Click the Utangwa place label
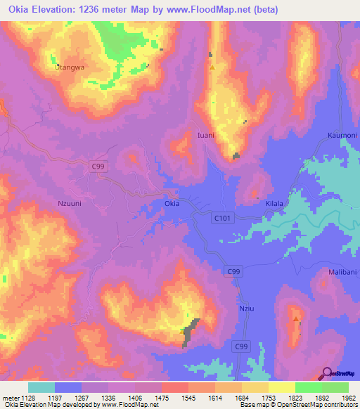70,67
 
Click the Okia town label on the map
172,204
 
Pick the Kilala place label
274,203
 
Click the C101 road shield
223,219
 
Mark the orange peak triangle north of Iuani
212,67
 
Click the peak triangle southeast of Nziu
295,319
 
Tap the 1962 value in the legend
348,397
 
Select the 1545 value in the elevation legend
186,397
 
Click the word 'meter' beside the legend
8,397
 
